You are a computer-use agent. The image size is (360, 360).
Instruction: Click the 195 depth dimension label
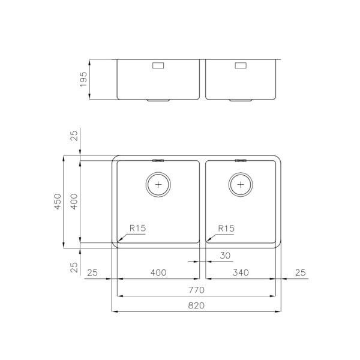point(83,79)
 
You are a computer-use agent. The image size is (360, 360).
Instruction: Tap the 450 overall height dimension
point(58,202)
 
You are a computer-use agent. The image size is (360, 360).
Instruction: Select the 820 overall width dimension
point(196,305)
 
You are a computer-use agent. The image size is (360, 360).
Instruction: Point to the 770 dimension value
point(196,290)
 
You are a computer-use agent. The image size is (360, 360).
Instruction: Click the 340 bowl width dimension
point(241,272)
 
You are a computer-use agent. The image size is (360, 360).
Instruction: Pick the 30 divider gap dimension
point(225,256)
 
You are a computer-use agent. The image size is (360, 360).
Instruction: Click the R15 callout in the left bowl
point(138,228)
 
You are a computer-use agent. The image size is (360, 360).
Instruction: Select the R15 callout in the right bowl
point(226,229)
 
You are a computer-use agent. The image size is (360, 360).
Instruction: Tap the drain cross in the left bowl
point(158,185)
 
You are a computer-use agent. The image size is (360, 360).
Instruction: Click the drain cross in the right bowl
point(241,185)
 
